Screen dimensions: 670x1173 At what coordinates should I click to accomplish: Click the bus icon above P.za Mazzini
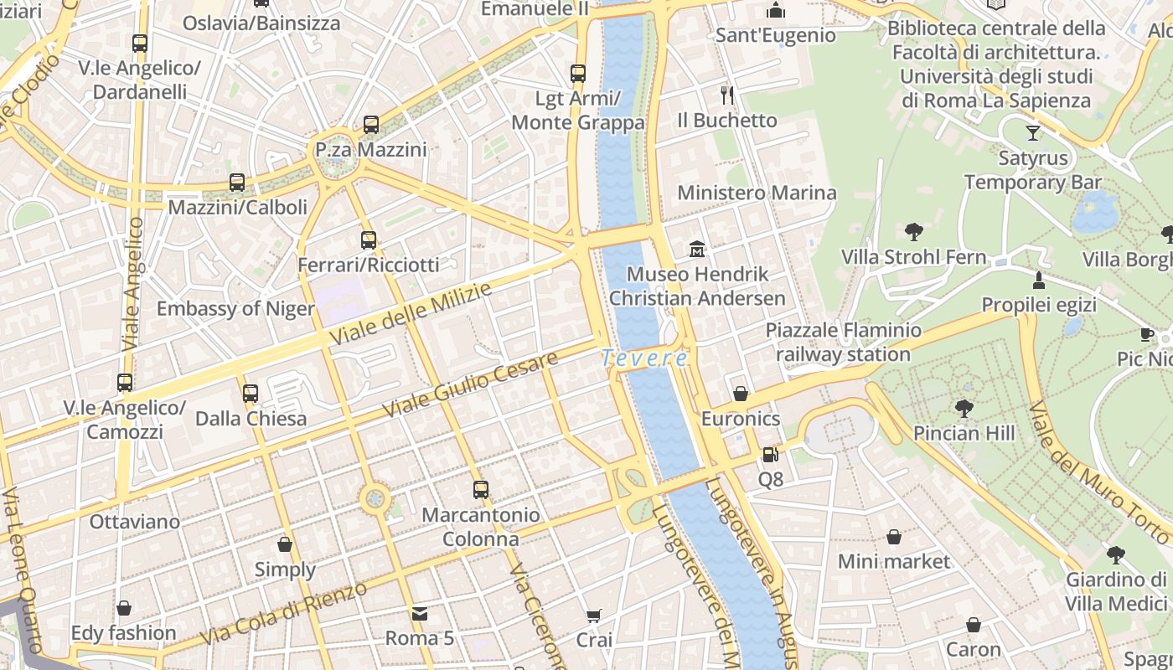(x=371, y=126)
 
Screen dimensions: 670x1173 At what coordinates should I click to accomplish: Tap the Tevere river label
(x=644, y=358)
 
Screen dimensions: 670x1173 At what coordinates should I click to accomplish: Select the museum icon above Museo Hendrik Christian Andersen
(x=697, y=249)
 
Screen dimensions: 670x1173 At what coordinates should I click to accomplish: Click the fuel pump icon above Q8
(x=770, y=455)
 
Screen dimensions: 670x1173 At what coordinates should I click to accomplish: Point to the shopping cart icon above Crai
(x=593, y=616)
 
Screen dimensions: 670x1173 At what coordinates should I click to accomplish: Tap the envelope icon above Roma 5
(x=420, y=614)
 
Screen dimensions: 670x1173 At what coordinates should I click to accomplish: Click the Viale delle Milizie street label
(x=411, y=314)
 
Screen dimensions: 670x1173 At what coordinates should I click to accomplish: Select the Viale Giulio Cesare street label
(x=470, y=386)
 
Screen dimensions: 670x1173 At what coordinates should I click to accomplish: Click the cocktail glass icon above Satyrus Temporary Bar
(x=1032, y=133)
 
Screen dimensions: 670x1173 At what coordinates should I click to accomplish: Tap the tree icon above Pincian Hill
(x=964, y=409)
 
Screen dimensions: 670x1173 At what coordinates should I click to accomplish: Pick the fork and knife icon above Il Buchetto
(x=727, y=95)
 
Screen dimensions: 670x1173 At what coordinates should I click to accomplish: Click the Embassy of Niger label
(x=235, y=308)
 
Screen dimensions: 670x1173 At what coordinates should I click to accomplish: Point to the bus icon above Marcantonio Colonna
(x=480, y=490)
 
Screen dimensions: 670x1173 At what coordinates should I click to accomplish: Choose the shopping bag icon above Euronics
(x=741, y=394)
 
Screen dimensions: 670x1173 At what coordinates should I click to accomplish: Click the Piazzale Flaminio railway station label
(x=843, y=343)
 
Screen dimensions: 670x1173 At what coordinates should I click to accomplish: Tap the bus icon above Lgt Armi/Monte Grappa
(x=577, y=74)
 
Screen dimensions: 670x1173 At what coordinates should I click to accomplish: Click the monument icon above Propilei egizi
(x=1039, y=280)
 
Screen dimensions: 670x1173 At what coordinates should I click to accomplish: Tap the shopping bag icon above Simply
(x=285, y=545)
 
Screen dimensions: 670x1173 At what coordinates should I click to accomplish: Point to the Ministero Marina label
(x=757, y=193)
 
